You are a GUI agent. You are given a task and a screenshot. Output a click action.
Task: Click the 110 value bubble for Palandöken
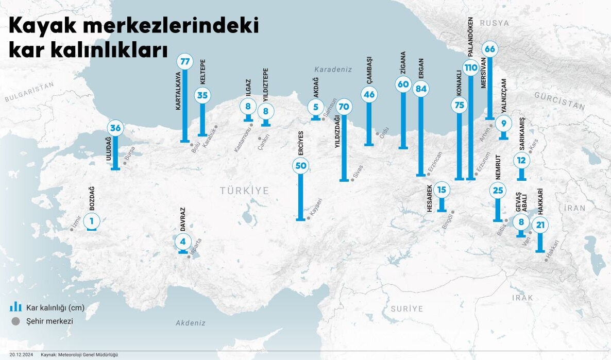(470, 67)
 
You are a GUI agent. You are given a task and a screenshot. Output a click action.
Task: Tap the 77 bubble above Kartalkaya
(184, 62)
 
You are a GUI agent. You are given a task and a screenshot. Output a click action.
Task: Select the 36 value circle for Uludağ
(115, 128)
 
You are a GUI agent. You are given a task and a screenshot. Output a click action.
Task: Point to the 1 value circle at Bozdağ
(91, 221)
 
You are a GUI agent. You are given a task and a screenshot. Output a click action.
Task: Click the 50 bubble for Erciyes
(301, 165)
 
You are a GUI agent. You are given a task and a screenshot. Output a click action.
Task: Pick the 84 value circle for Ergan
(421, 89)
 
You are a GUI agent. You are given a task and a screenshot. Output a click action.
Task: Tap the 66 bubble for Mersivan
(489, 49)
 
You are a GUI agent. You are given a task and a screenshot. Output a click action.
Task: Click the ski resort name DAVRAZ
(182, 218)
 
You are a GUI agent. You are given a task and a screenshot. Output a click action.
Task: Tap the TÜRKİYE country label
(245, 191)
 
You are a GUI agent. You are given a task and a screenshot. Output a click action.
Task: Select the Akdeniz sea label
(191, 323)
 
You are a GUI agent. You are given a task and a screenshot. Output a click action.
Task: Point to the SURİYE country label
(406, 309)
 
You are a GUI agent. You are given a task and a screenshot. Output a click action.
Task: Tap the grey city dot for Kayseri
(309, 218)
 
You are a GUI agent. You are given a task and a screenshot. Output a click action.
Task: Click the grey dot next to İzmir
(72, 229)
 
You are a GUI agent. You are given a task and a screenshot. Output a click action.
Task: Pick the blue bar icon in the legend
(15, 307)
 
